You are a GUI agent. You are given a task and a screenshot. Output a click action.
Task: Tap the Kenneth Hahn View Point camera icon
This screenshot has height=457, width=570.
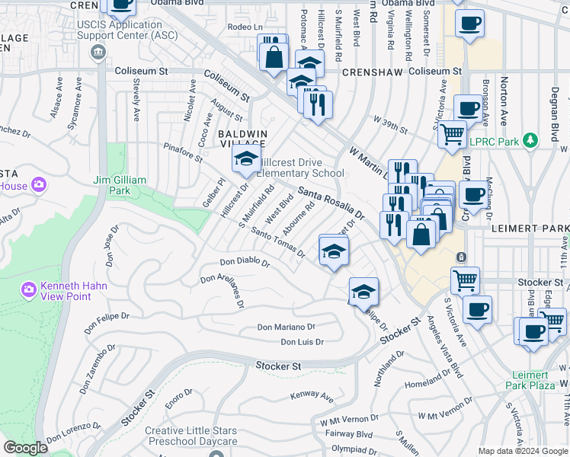pyautogui.click(x=29, y=289)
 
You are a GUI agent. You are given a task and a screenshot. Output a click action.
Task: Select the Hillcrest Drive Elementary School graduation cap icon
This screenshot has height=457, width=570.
pyautogui.click(x=245, y=159)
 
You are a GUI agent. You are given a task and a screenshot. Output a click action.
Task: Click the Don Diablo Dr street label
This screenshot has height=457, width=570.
pyautogui.click(x=245, y=262)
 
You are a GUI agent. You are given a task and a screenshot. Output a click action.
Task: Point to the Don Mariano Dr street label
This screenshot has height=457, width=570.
pyautogui.click(x=286, y=327)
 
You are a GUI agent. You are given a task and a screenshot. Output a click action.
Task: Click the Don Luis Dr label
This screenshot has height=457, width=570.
pyautogui.click(x=302, y=342)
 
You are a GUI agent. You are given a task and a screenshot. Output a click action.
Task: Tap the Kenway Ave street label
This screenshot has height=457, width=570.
pyautogui.click(x=312, y=397)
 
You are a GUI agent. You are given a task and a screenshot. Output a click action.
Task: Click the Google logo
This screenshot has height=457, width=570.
pyautogui.click(x=25, y=448)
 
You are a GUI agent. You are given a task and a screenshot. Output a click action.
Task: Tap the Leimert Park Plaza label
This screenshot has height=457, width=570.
pyautogui.click(x=530, y=380)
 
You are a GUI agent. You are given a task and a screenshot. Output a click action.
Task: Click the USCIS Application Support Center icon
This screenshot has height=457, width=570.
pyautogui.click(x=98, y=53)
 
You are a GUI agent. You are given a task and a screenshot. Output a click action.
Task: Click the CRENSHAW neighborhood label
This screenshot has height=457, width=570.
pyautogui.click(x=371, y=71)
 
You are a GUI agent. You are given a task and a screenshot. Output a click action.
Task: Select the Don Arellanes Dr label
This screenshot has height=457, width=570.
pyautogui.click(x=223, y=290)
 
